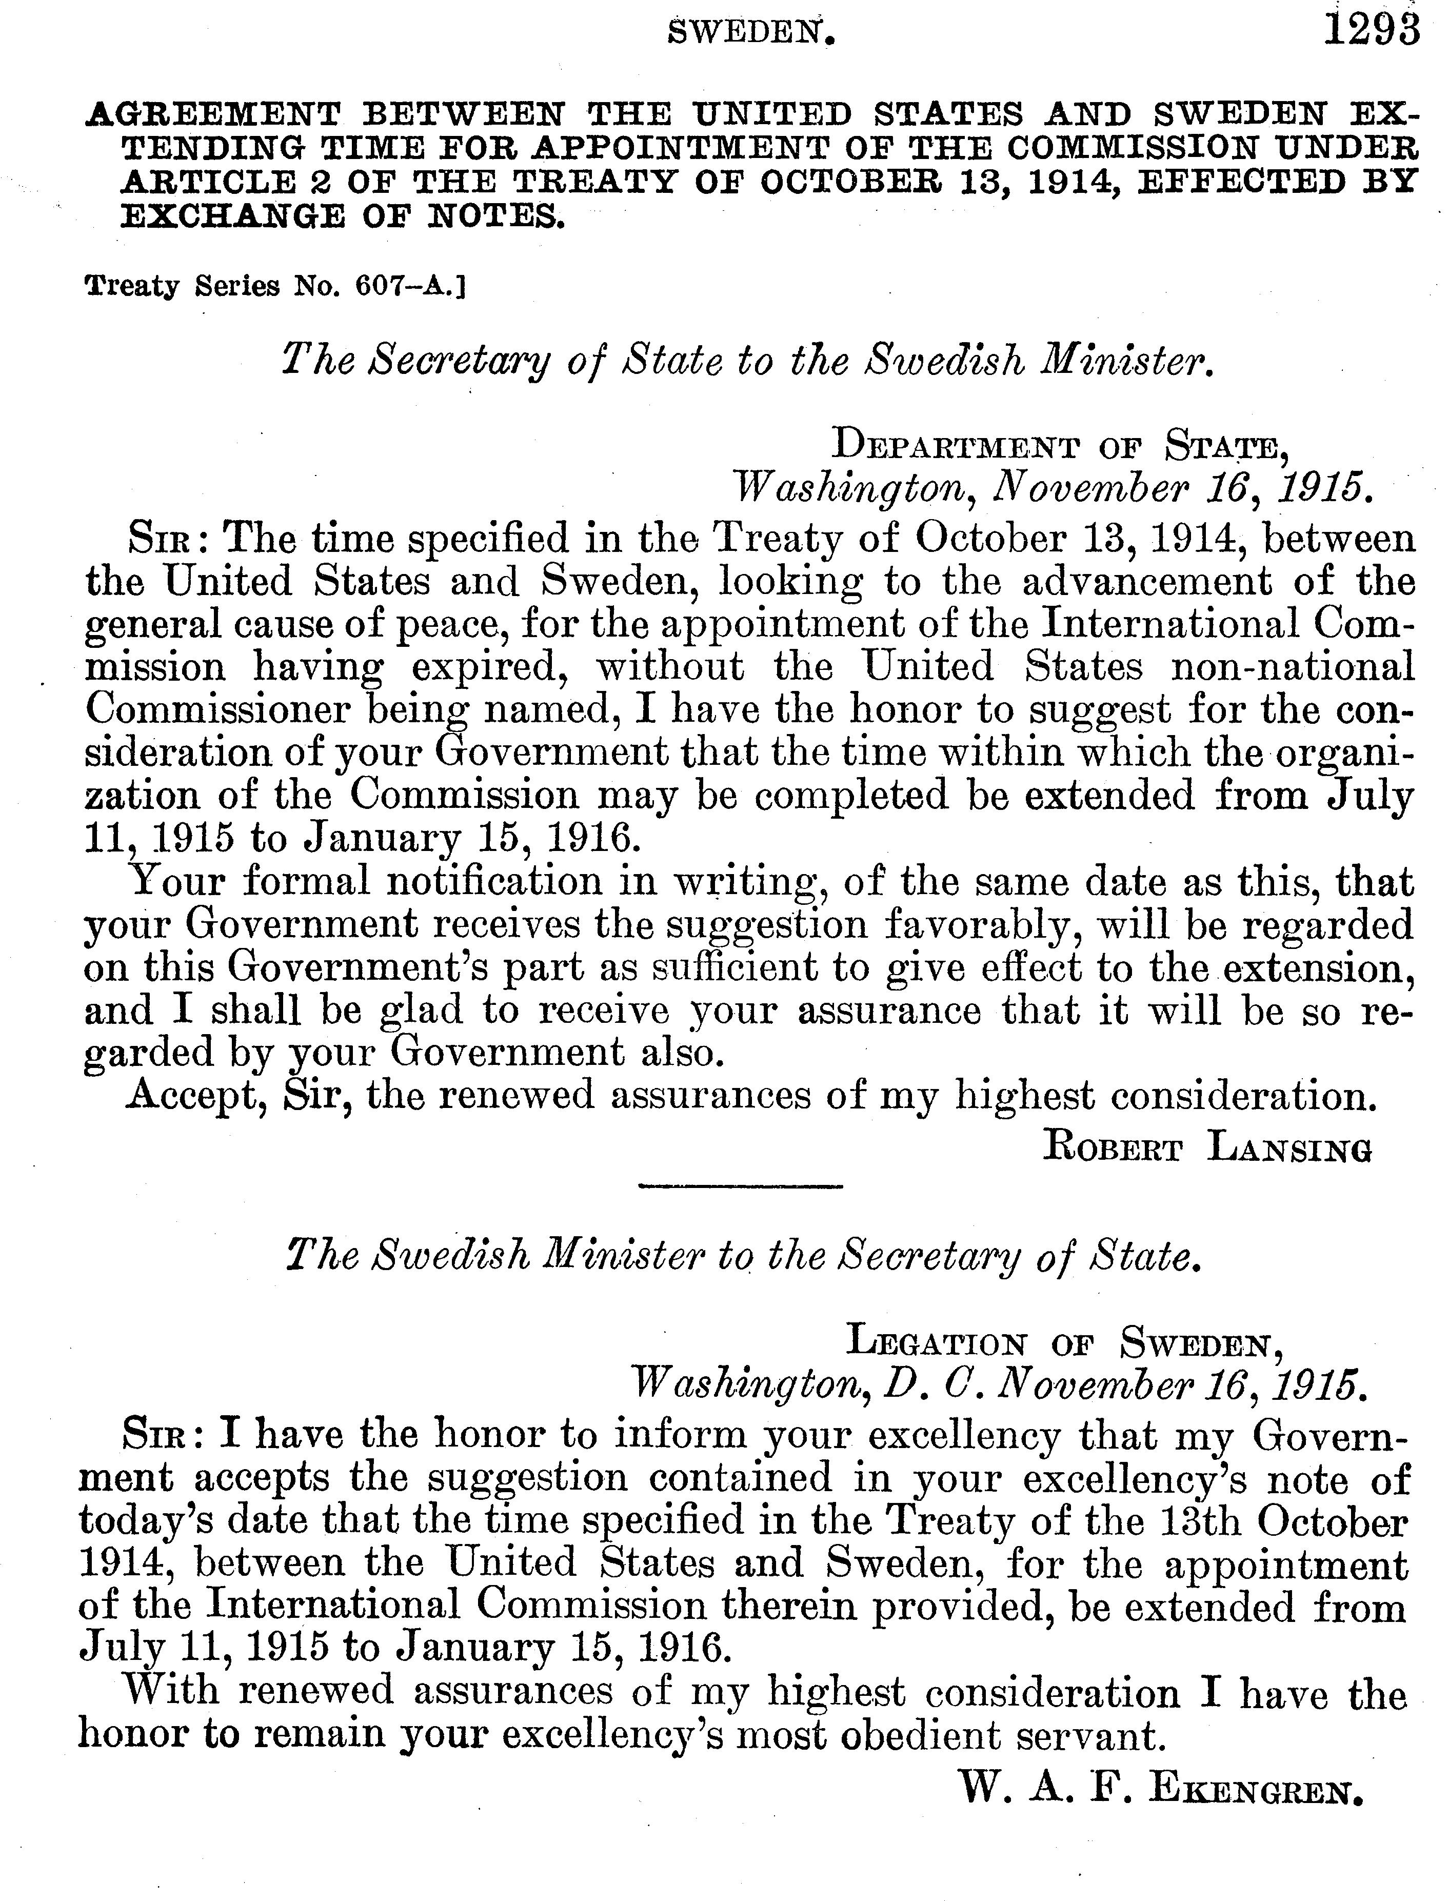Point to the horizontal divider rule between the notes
tap(740, 1189)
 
